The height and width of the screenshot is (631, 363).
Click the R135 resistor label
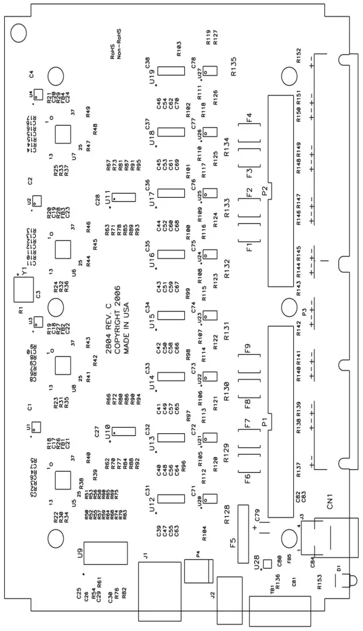234,67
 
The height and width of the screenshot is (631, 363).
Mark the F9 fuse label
248,349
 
